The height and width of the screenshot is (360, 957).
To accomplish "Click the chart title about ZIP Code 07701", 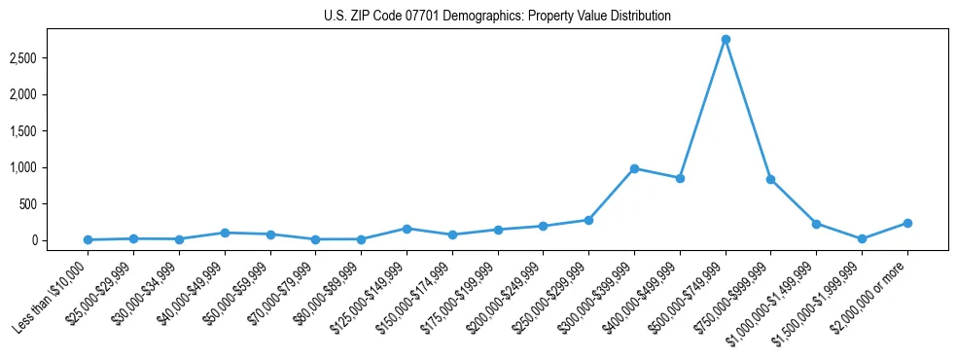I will pos(497,16).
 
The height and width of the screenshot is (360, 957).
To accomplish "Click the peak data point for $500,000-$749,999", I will pos(726,40).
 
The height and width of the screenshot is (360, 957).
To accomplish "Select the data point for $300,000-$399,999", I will pos(634,168).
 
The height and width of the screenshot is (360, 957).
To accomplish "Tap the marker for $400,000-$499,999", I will pos(680,178).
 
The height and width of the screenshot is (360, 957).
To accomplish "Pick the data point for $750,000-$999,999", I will pos(770,179).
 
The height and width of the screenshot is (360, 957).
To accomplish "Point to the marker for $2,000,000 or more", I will pos(907,223).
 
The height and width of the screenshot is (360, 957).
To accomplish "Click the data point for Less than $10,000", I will pos(89,239).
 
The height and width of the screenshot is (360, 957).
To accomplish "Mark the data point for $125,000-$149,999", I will pos(407,229).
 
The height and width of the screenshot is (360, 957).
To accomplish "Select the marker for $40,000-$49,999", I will pos(225,233).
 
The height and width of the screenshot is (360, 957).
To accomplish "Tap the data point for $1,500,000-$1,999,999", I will pos(862,238).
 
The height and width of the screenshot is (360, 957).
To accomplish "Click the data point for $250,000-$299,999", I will pos(588,220).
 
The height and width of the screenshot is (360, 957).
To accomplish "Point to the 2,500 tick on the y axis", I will pos(36,58).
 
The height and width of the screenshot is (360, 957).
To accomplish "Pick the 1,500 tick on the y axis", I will pos(36,131).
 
